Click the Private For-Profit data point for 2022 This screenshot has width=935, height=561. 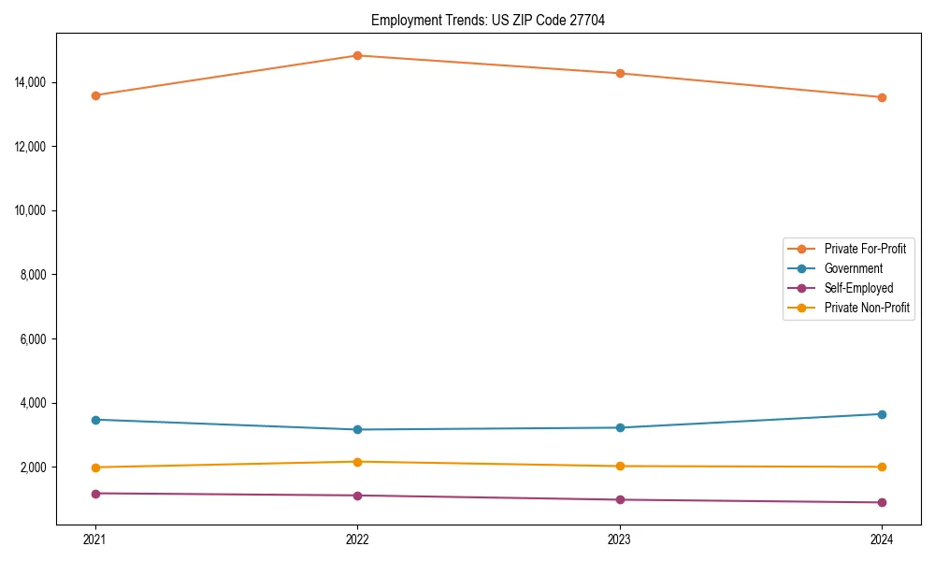[x=357, y=55]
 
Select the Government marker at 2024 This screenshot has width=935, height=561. [x=882, y=414]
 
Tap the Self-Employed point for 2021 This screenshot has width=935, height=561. [x=95, y=493]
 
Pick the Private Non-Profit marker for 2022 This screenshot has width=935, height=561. [x=357, y=462]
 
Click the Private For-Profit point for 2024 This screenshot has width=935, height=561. [x=882, y=97]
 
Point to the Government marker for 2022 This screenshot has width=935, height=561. [x=357, y=429]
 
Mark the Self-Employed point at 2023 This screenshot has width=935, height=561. [x=620, y=499]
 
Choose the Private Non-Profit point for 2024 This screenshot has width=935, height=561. [x=882, y=467]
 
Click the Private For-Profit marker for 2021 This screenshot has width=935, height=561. [x=95, y=95]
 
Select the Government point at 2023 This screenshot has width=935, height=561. [x=620, y=427]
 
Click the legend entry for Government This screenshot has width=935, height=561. [x=853, y=268]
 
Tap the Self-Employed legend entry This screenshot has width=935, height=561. [x=858, y=288]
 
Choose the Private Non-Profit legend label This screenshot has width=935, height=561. [x=867, y=308]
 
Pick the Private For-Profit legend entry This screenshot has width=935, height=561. [x=864, y=249]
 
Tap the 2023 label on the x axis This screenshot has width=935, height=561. [x=620, y=539]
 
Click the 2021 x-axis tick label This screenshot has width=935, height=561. [x=95, y=539]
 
